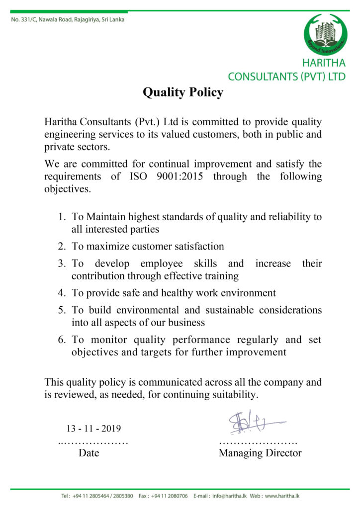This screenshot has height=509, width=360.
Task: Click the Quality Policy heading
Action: click(x=183, y=92)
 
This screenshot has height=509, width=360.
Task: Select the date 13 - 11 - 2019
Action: click(x=94, y=428)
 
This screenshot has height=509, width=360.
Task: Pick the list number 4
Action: click(x=62, y=293)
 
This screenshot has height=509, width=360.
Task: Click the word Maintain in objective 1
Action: click(x=106, y=217)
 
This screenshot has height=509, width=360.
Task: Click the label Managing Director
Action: click(x=260, y=453)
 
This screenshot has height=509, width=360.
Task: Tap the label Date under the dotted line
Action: click(x=89, y=453)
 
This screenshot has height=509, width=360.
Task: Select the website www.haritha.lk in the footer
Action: click(x=282, y=496)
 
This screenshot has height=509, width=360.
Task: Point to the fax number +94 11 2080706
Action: click(x=170, y=496)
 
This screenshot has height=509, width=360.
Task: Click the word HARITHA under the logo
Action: click(x=324, y=63)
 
